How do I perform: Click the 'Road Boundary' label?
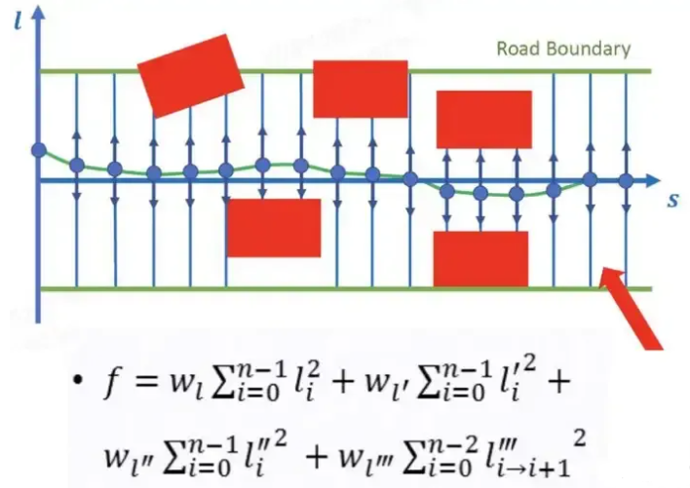tap(563, 48)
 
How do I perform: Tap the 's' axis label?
tap(672, 201)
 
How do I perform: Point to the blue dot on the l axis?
tap(39, 150)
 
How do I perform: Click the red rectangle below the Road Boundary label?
tap(483, 119)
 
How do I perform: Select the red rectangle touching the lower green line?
tap(480, 259)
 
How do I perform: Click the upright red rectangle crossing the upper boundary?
tap(360, 89)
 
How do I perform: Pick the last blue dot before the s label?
tap(627, 181)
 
